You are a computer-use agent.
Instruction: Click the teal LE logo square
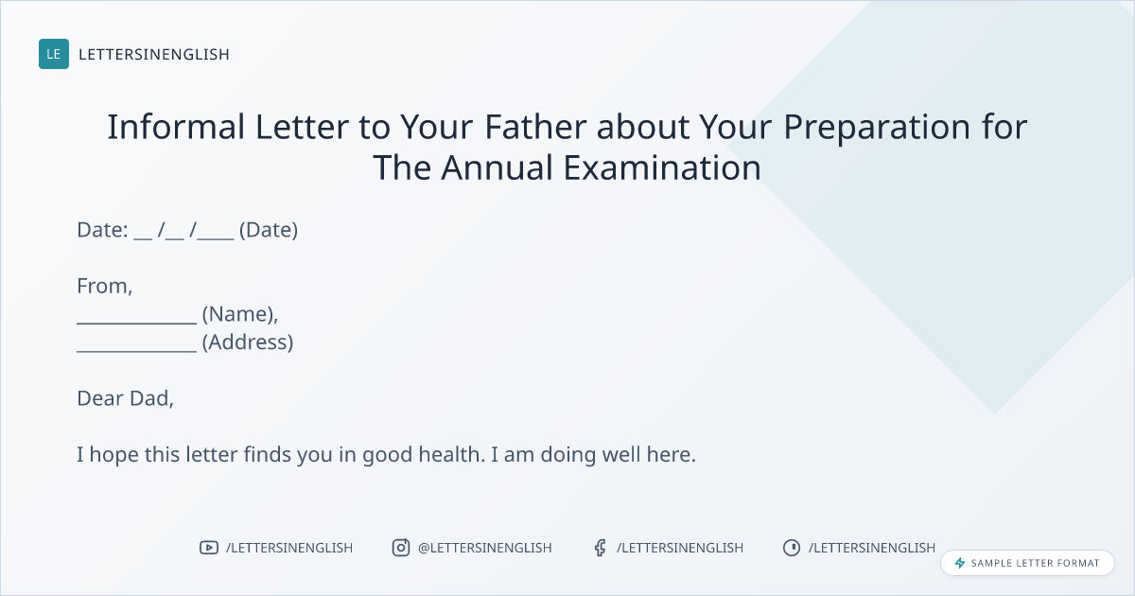(54, 54)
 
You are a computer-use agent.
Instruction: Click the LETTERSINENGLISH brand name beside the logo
(154, 54)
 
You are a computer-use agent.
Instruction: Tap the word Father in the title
(535, 126)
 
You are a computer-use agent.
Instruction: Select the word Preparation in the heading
(877, 127)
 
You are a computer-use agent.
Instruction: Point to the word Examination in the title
(662, 167)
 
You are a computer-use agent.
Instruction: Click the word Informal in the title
(176, 126)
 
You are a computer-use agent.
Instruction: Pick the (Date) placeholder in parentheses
(269, 230)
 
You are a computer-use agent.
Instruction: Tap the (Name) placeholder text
(240, 314)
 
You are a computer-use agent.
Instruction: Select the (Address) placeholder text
(248, 342)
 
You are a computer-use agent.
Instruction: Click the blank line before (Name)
(137, 323)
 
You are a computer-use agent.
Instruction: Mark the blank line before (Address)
(137, 351)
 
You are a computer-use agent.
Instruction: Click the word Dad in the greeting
(151, 398)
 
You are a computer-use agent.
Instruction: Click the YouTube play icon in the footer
(209, 548)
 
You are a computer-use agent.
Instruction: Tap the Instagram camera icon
(401, 548)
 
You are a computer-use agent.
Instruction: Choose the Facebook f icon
(601, 548)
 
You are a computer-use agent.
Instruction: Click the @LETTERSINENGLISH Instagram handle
(485, 548)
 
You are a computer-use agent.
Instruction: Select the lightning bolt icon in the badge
(960, 563)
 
